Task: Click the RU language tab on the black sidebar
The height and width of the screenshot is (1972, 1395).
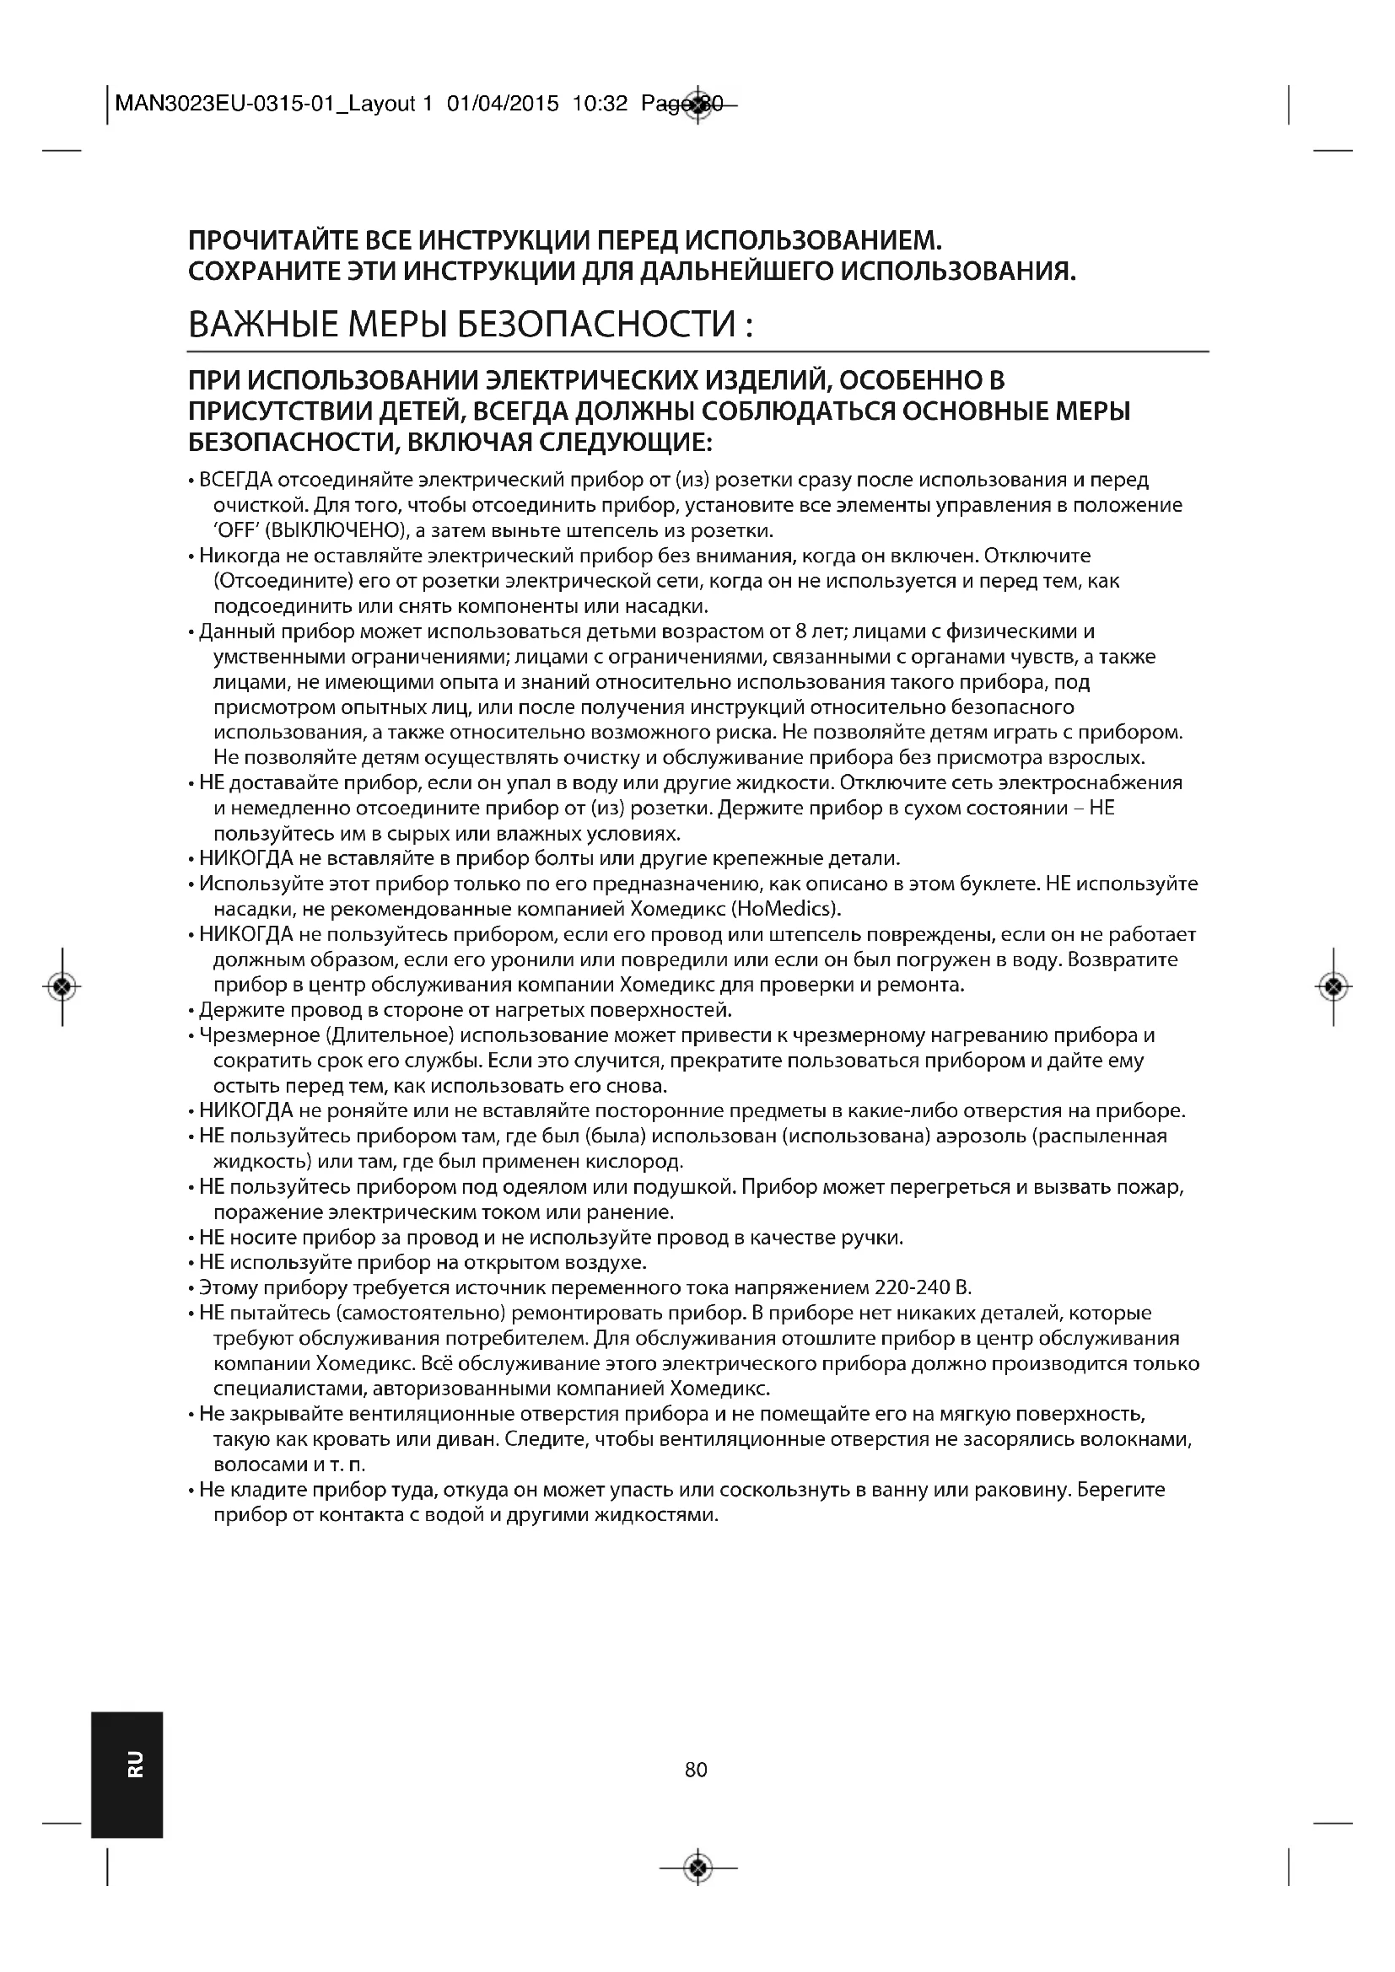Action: (x=135, y=1763)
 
